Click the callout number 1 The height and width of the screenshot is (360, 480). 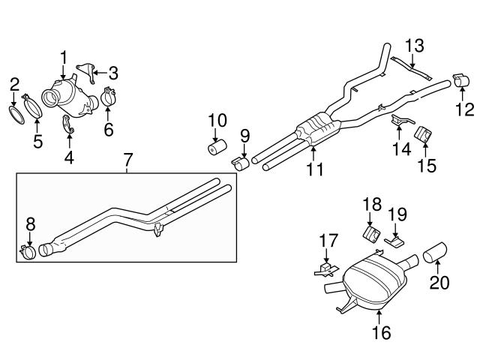(63, 58)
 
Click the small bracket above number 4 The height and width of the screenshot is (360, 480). (68, 124)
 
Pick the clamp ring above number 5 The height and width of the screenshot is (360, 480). (32, 106)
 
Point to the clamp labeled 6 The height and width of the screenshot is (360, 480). (107, 97)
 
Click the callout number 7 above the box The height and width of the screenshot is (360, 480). (128, 160)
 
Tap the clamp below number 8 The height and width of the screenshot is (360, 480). (28, 252)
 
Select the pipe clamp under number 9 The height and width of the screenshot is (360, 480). (240, 163)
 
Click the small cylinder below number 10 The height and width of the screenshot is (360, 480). (217, 147)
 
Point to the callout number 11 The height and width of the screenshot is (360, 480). (315, 169)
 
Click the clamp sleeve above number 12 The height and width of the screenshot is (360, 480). (461, 79)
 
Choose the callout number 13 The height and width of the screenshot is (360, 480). (415, 46)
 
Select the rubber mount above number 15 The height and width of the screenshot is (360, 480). (423, 133)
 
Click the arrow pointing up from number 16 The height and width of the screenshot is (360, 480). (380, 317)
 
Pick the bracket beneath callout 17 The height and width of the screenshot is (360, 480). (326, 270)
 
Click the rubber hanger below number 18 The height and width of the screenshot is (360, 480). (372, 235)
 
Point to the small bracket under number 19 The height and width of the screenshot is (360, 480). (394, 241)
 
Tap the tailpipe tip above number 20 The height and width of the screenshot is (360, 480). (435, 253)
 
